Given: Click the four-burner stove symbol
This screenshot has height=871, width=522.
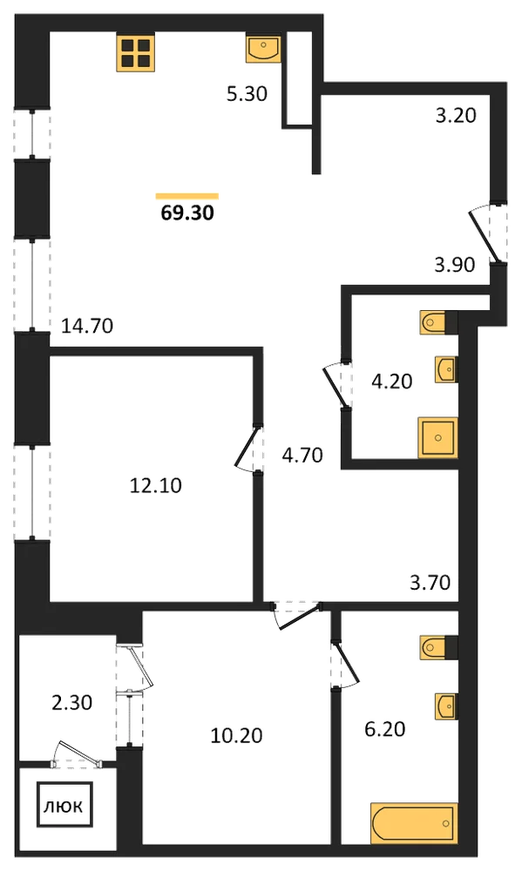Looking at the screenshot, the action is click(135, 52).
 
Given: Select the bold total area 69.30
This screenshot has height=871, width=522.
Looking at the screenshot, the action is click(187, 213).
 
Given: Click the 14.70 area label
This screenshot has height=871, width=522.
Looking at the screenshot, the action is click(87, 326).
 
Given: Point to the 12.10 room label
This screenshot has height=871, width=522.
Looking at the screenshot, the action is click(156, 485).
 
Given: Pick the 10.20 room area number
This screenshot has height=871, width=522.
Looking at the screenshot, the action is click(236, 735).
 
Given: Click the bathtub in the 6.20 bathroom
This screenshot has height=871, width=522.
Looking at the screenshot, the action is click(414, 823).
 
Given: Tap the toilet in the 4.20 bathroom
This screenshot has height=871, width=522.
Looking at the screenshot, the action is click(438, 322).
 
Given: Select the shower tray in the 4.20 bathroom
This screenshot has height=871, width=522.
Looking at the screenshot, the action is click(438, 438).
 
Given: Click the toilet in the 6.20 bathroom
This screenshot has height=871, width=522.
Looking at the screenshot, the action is click(438, 646).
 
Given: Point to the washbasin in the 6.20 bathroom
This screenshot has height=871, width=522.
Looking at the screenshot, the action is click(446, 706).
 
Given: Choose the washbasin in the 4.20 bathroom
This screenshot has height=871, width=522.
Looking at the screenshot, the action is click(446, 369).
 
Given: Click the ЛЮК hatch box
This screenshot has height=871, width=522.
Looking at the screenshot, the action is click(64, 806).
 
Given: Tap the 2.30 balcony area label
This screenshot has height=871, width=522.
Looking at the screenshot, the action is click(71, 703).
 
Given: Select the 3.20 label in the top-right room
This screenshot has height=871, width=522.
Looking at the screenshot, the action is click(456, 116).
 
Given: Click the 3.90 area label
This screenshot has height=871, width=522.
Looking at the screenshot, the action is click(455, 265).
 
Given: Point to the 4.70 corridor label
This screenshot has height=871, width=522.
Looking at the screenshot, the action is click(302, 456).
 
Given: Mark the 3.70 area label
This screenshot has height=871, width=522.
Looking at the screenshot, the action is click(430, 582).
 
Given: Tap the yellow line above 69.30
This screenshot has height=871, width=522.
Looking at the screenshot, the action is click(187, 195).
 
